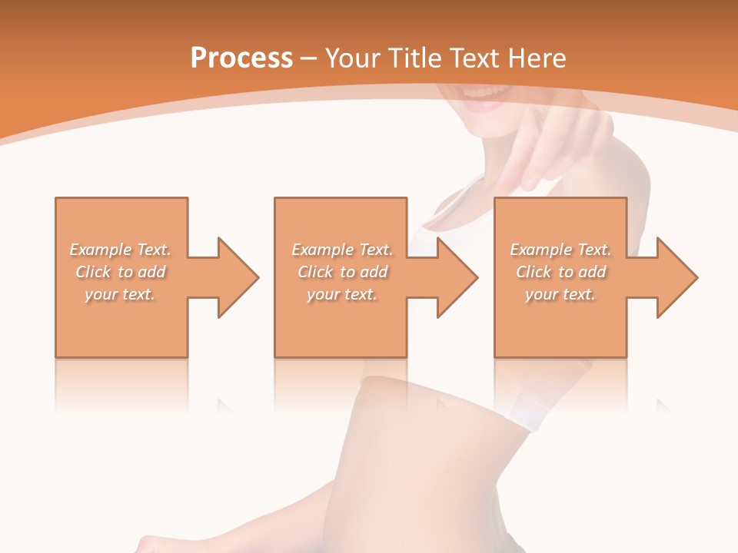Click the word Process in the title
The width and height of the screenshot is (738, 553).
(x=241, y=58)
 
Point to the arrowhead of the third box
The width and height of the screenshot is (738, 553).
(x=676, y=277)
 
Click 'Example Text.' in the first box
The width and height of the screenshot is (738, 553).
(x=120, y=250)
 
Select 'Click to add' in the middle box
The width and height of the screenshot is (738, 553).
(x=342, y=272)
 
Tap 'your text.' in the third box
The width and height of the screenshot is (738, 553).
(x=560, y=294)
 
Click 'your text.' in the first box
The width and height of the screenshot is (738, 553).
(x=120, y=294)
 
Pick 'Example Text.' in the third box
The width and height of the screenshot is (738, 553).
(x=560, y=250)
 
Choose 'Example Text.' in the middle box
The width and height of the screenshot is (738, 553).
(x=342, y=250)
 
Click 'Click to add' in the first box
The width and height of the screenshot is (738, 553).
(x=120, y=272)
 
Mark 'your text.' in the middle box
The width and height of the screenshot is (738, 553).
(x=342, y=294)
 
